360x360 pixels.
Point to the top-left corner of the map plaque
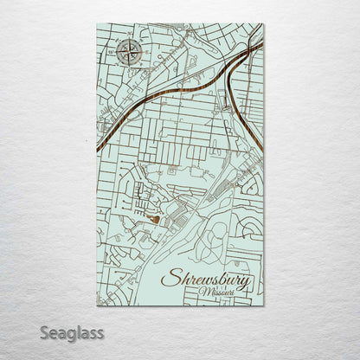[x=95, y=24]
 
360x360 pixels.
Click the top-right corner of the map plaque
[x=264, y=24]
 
